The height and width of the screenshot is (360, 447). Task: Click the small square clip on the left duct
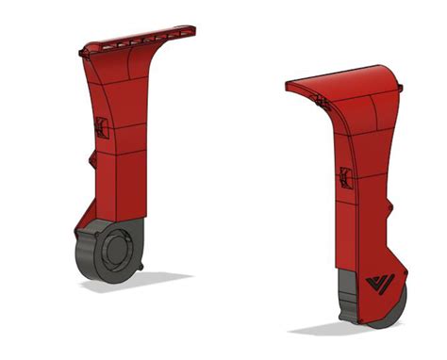pos(102,128)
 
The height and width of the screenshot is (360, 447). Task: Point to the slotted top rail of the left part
pos(141,39)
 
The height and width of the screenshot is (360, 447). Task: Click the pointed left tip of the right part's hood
pos(289,87)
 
